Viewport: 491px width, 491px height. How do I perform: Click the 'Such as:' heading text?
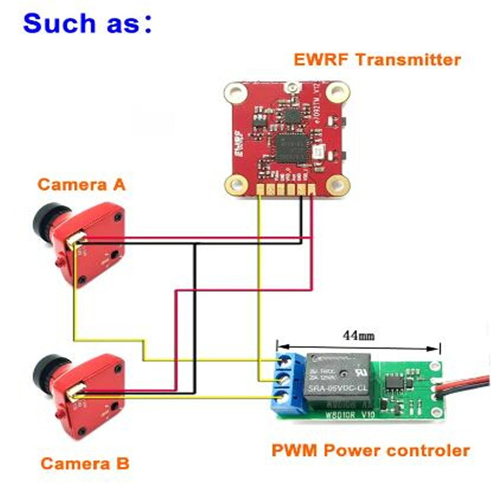(87, 23)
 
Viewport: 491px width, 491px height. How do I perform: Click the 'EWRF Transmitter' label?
(377, 60)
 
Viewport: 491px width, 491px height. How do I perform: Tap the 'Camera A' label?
(81, 185)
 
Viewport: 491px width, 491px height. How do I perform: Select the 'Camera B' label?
(85, 464)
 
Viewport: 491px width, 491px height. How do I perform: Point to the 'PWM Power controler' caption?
(370, 451)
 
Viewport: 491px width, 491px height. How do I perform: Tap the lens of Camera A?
(45, 219)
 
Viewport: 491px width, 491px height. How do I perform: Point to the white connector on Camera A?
(76, 239)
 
